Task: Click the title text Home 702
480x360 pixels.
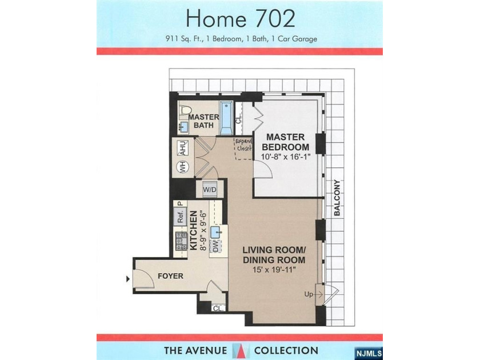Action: click(x=240, y=19)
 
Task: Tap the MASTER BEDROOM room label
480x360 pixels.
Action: click(x=287, y=142)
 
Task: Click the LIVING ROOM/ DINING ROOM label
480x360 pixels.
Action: click(x=274, y=255)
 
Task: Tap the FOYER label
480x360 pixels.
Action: click(x=170, y=276)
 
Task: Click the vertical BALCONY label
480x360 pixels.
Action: click(x=337, y=198)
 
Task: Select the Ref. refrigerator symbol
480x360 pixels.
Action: click(x=181, y=217)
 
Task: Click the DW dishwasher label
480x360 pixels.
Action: click(x=215, y=246)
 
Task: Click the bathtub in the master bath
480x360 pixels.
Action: click(x=226, y=118)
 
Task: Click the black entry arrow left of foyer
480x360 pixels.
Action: click(x=127, y=279)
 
